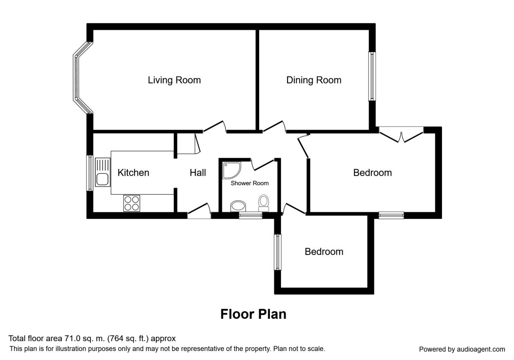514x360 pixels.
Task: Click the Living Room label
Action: coord(174,80)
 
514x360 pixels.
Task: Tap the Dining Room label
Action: coord(314,80)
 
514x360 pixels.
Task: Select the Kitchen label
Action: coord(133,173)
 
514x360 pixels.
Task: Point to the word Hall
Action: coord(198,173)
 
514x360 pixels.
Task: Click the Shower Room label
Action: coord(250,183)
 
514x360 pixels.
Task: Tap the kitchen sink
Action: coord(102,172)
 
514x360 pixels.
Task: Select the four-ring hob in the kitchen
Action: coord(132,203)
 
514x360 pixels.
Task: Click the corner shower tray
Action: coord(232,171)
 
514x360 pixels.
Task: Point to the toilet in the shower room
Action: coord(263,203)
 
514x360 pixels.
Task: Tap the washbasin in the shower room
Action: coord(238,206)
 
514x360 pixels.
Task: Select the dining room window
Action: coord(372,76)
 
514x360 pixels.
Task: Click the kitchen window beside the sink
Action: coord(90,173)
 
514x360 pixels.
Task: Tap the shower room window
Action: coord(251,215)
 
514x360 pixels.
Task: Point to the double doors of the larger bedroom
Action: coord(401,137)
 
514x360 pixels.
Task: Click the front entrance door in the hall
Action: coord(199,210)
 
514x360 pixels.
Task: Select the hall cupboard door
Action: coord(197,144)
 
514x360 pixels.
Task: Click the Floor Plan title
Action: coord(253,314)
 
